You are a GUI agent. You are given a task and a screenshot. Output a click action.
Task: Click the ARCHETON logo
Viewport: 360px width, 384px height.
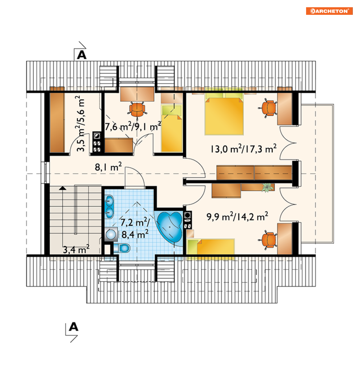(329, 11)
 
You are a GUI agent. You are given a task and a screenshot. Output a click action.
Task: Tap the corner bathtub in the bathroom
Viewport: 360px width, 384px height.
(170, 227)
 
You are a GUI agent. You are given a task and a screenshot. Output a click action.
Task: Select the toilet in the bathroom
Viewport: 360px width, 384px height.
(122, 248)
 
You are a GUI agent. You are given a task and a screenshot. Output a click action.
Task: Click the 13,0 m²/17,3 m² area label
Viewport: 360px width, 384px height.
(243, 149)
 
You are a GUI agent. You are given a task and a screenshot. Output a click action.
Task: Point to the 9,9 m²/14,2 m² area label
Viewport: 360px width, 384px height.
(237, 217)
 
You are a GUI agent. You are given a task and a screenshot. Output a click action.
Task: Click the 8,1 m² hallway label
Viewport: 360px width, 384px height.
(108, 167)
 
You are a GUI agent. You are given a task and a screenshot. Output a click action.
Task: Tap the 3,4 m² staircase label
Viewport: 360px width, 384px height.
(76, 249)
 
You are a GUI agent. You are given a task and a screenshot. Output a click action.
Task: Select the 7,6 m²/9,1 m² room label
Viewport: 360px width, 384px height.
(133, 126)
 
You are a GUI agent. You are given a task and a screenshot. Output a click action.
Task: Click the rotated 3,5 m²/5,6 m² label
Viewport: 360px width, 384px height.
(81, 123)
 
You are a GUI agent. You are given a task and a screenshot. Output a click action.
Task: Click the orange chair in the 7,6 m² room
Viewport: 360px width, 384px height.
(137, 110)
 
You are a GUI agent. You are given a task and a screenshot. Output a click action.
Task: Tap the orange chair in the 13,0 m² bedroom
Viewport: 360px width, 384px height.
(268, 108)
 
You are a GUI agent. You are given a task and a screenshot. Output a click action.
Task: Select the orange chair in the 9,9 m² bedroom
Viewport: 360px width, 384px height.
(268, 240)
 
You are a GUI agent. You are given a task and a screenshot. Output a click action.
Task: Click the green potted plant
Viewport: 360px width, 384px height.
(267, 187)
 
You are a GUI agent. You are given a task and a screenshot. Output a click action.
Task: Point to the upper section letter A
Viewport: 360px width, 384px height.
(82, 55)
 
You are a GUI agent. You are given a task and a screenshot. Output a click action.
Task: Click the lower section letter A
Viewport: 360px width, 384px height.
(73, 327)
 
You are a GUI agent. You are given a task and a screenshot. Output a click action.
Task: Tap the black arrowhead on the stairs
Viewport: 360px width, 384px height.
(63, 188)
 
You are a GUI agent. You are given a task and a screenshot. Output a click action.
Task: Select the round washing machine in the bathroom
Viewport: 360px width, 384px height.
(111, 234)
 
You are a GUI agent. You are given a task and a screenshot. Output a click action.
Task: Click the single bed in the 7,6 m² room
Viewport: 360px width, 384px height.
(171, 128)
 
